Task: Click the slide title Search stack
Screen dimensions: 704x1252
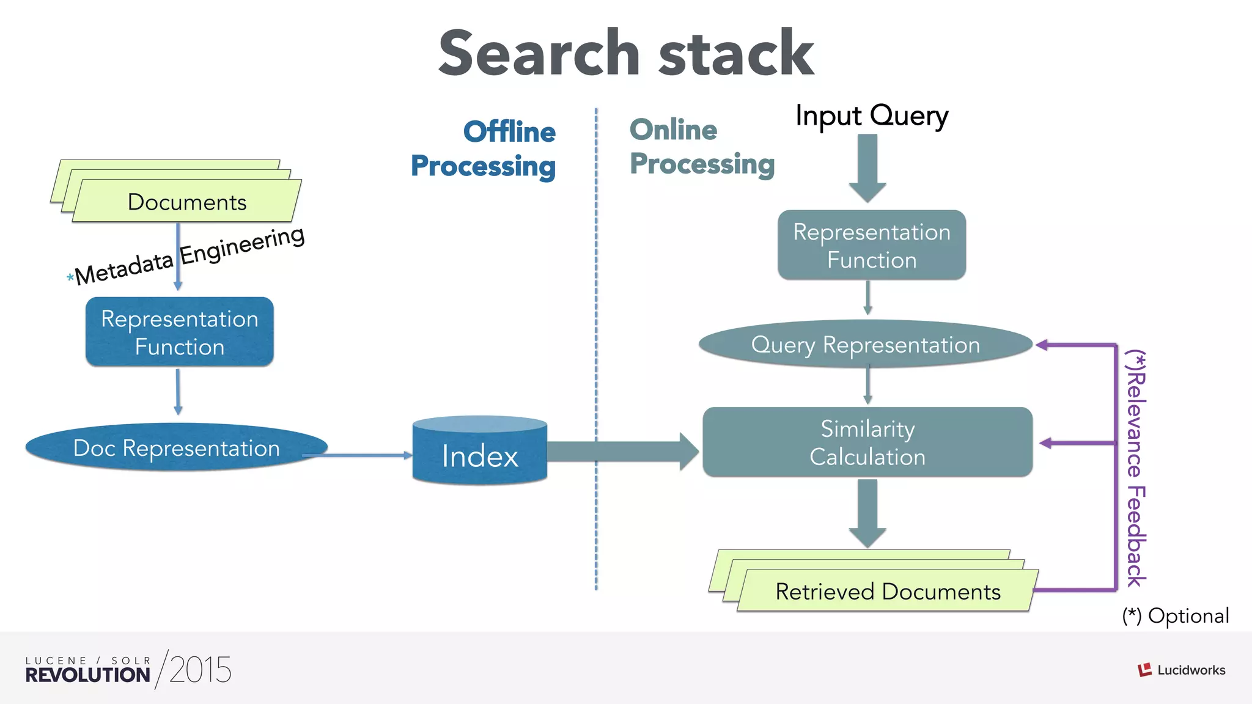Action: [x=626, y=54]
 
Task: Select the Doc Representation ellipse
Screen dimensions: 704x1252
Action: [x=176, y=448]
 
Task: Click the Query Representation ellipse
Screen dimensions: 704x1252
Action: [x=865, y=345]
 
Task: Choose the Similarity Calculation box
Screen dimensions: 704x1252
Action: [x=867, y=442]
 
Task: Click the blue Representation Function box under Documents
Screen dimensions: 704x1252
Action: [x=179, y=332]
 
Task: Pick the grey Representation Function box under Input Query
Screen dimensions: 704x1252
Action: [x=871, y=246]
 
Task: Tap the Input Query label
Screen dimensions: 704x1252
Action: [x=871, y=116]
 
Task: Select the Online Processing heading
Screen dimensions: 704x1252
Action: [x=701, y=147]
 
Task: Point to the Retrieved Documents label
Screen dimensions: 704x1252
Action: [x=888, y=592]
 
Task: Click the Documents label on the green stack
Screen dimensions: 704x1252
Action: [x=186, y=202]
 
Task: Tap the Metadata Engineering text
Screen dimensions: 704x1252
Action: [x=190, y=255]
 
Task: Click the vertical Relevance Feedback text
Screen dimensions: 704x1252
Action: [x=1136, y=468]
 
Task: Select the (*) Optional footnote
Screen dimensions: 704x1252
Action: [x=1175, y=616]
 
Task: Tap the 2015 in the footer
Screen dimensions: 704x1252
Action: [x=200, y=670]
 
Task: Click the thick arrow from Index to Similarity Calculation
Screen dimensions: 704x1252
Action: [x=624, y=452]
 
